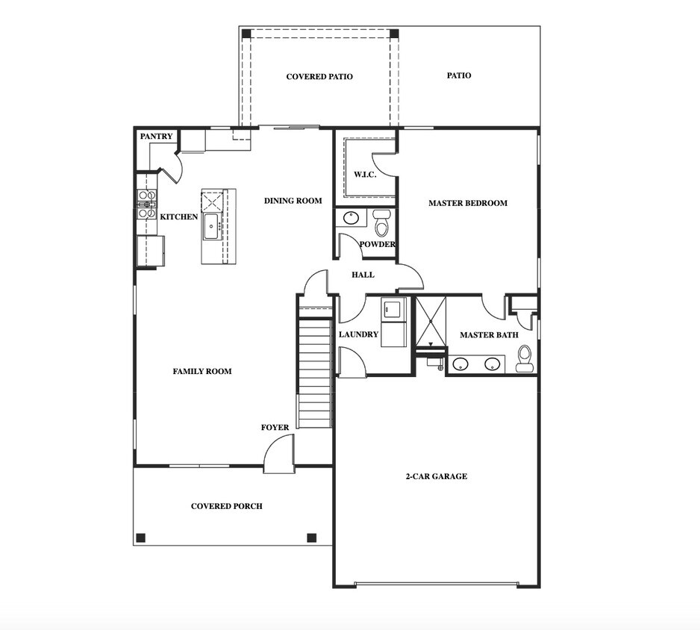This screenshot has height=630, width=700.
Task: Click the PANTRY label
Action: tap(157, 137)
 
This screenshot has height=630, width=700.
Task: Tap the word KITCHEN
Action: tap(179, 217)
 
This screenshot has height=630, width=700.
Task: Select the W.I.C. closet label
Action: tap(364, 175)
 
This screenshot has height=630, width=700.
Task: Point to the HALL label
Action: tap(363, 275)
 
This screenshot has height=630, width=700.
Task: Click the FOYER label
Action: tap(275, 428)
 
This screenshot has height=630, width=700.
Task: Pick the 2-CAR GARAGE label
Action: tap(436, 476)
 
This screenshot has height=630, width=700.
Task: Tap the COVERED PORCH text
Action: tap(226, 506)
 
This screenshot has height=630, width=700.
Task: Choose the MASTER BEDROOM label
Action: tap(467, 203)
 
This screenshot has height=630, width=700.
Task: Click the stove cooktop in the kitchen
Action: tap(146, 204)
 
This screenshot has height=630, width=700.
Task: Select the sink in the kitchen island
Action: tap(211, 225)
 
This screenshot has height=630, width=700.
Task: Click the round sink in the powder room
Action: tap(350, 219)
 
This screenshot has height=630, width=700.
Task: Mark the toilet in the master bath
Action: tap(525, 358)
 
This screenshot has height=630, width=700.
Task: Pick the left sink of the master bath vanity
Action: tap(461, 364)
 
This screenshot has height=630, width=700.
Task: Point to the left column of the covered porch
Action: tap(140, 537)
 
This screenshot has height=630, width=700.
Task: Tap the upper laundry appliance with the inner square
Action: tap(393, 309)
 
